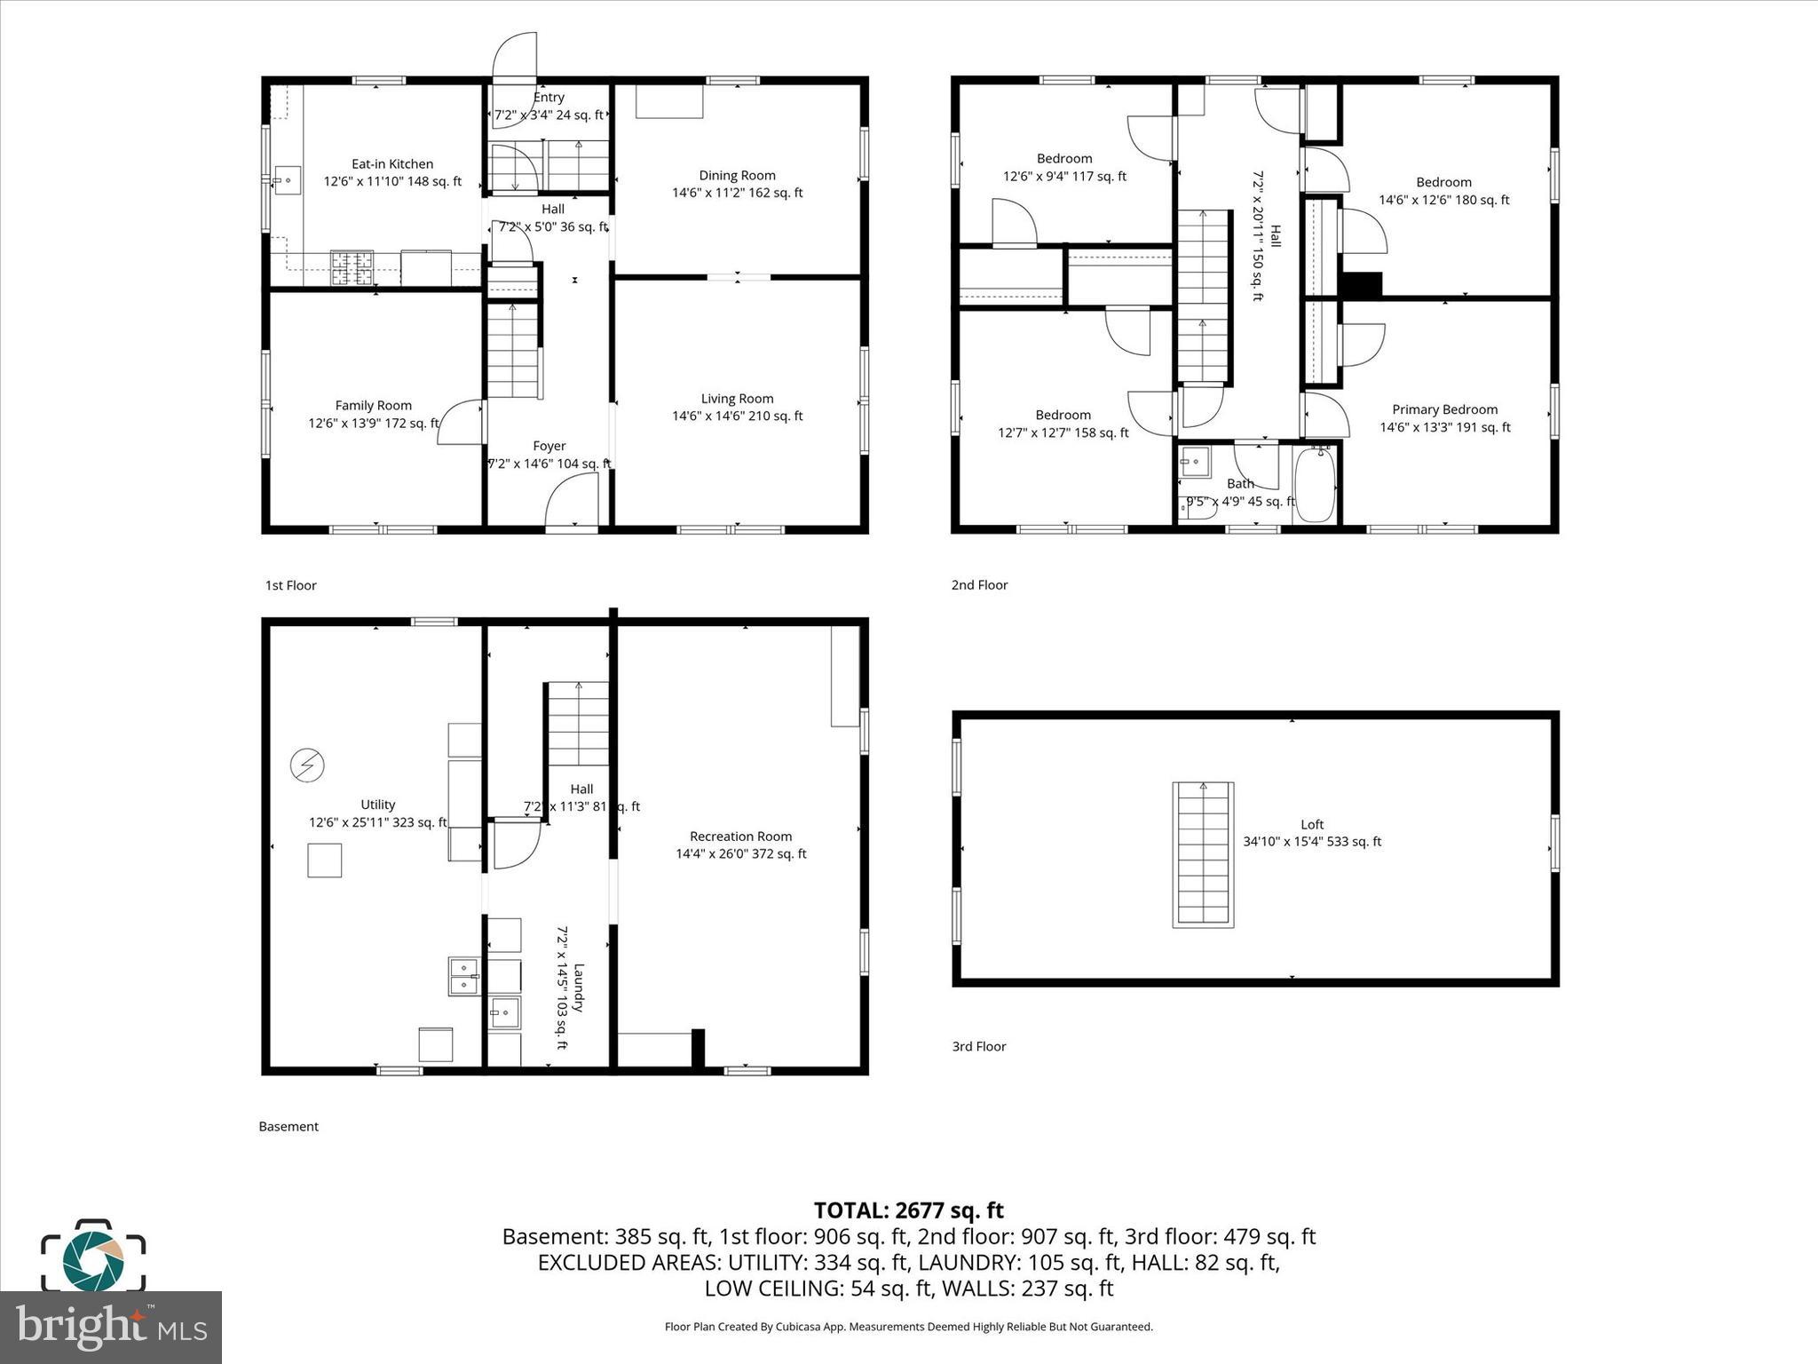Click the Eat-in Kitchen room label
coord(392,164)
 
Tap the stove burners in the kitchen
coord(352,268)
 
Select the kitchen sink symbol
coord(287,180)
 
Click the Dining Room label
coord(737,176)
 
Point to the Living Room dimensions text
coord(737,416)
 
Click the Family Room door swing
coord(460,423)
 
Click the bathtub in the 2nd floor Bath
coord(1316,487)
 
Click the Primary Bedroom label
coord(1444,409)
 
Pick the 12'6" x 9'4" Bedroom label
coord(1064,159)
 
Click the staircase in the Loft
coord(1203,854)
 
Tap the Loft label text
coord(1312,824)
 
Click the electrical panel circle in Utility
coord(307,765)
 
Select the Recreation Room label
coord(740,837)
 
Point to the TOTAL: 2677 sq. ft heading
coord(908,1210)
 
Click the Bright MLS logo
coord(110,1327)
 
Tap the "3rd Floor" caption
coord(978,1046)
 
